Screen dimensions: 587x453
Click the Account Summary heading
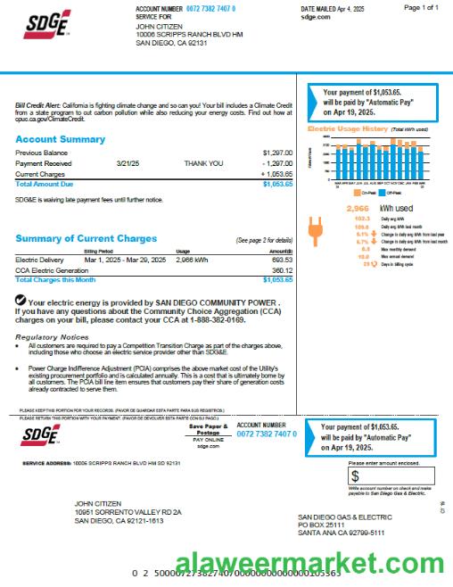pos(60,140)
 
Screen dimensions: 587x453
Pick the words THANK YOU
pos(201,164)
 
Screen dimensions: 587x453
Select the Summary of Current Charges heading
pos(86,238)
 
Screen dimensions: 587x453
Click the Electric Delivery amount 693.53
pos(282,260)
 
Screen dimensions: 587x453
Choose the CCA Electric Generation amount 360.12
pos(282,269)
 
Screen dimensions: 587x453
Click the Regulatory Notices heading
pos(52,337)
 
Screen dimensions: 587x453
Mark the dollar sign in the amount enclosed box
pos(355,476)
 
